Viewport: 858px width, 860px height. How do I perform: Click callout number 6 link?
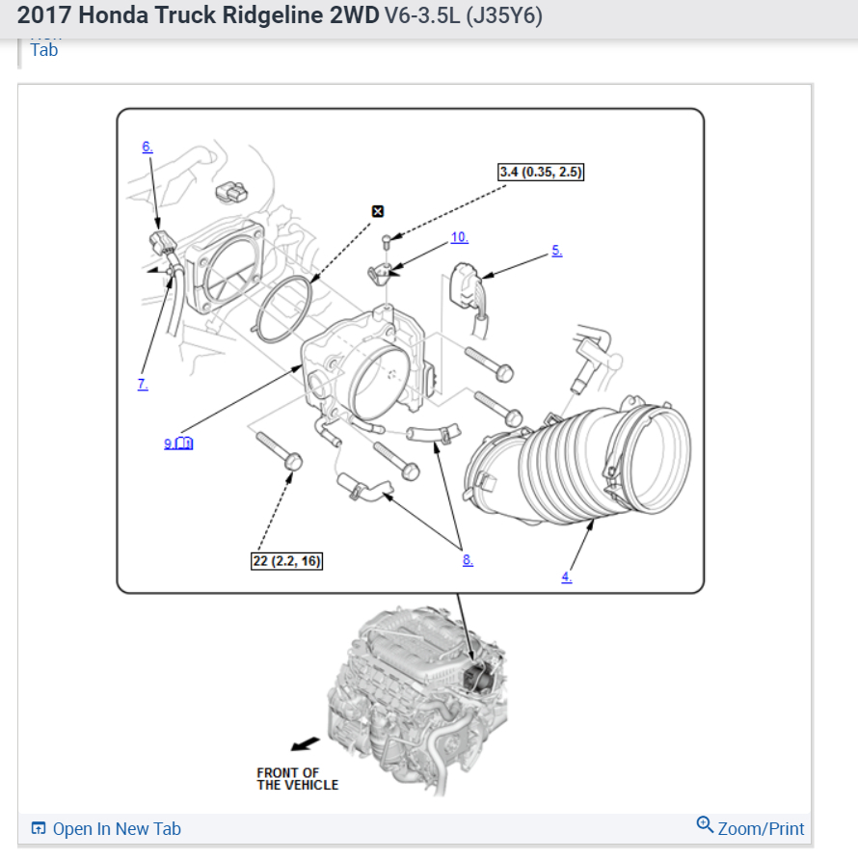coord(147,147)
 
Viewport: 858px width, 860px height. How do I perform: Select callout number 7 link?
coord(142,384)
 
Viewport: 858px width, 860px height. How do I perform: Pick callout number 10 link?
coord(459,237)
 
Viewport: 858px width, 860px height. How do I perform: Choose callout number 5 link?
coord(556,251)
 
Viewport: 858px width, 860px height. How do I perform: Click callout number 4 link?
coord(566,577)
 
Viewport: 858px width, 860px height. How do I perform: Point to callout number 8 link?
coord(468,560)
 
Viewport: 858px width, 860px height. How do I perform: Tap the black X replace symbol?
coord(378,211)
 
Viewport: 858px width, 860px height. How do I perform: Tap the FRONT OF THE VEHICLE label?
coord(297,778)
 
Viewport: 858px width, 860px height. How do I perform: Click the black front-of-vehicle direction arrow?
coord(306,743)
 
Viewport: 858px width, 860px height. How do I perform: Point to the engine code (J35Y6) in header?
coord(503,16)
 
